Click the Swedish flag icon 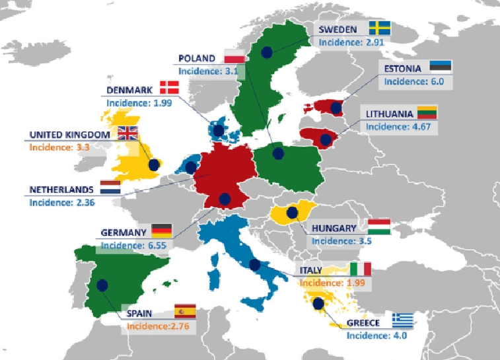(379, 28)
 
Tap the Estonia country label (404, 68)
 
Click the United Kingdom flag (127, 133)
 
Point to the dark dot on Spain (102, 285)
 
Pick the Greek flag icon (402, 320)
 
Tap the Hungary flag (380, 227)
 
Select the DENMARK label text (130, 90)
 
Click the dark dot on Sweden (267, 52)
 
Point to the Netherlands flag (110, 188)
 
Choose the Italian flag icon (360, 270)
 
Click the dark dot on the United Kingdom (154, 165)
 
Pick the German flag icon (161, 231)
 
